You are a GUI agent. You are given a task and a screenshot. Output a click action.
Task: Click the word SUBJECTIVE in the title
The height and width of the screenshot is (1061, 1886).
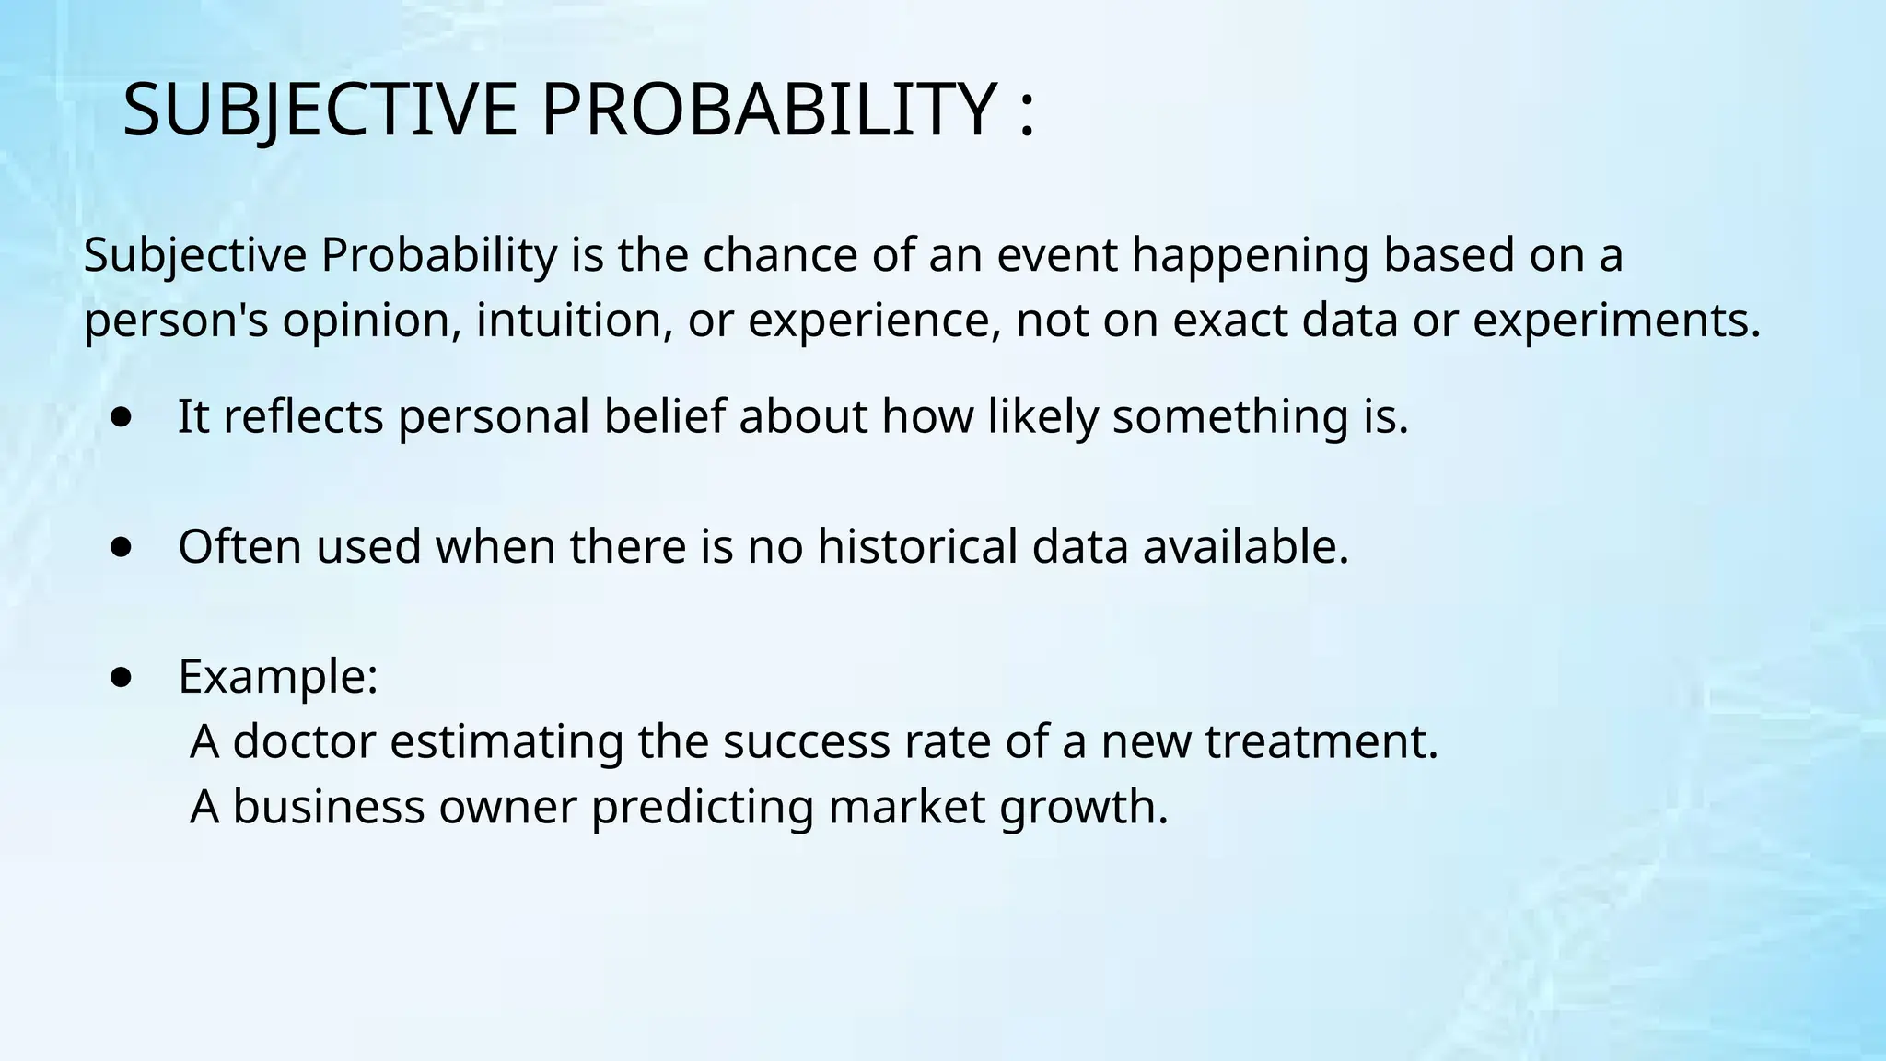(x=320, y=111)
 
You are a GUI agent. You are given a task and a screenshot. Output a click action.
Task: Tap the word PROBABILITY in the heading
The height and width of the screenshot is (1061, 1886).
(x=768, y=111)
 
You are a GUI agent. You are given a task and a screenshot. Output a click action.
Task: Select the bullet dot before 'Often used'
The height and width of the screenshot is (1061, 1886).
(x=121, y=548)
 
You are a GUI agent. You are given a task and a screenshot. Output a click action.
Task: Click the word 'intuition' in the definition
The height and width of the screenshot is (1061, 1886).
(x=574, y=321)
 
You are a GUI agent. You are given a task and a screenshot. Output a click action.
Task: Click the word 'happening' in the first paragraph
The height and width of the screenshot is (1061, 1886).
(x=1250, y=256)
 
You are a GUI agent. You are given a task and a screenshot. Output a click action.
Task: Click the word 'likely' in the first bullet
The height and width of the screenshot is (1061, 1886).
(x=1043, y=416)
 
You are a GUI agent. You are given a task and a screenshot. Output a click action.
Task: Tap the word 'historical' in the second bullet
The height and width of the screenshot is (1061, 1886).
(x=916, y=546)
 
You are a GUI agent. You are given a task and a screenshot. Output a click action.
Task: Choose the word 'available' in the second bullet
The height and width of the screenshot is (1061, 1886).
(x=1239, y=546)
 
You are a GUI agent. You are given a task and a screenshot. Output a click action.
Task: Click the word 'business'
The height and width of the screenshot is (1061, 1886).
(x=328, y=807)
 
